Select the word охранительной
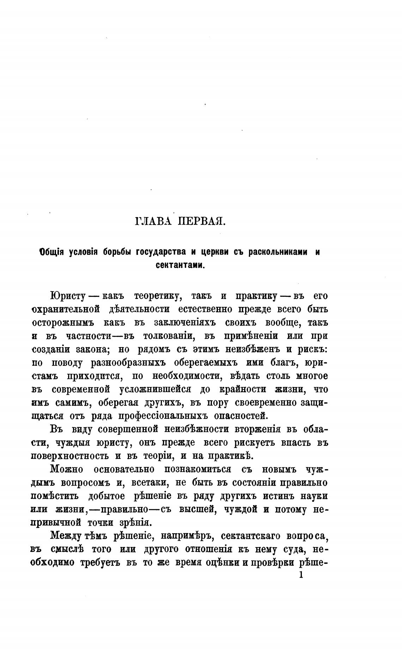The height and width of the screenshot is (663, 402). (66, 309)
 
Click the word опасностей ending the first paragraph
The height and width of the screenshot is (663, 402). (241, 416)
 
